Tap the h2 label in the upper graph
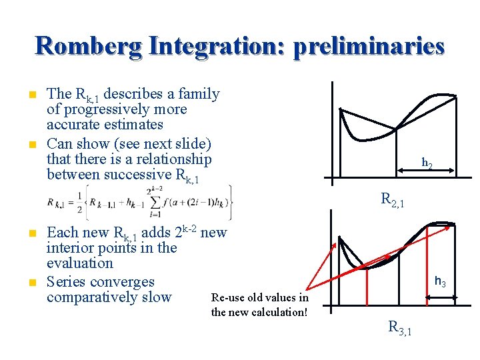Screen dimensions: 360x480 (x=427, y=162)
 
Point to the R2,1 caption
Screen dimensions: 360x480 (x=392, y=198)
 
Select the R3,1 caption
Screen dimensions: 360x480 (x=400, y=327)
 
